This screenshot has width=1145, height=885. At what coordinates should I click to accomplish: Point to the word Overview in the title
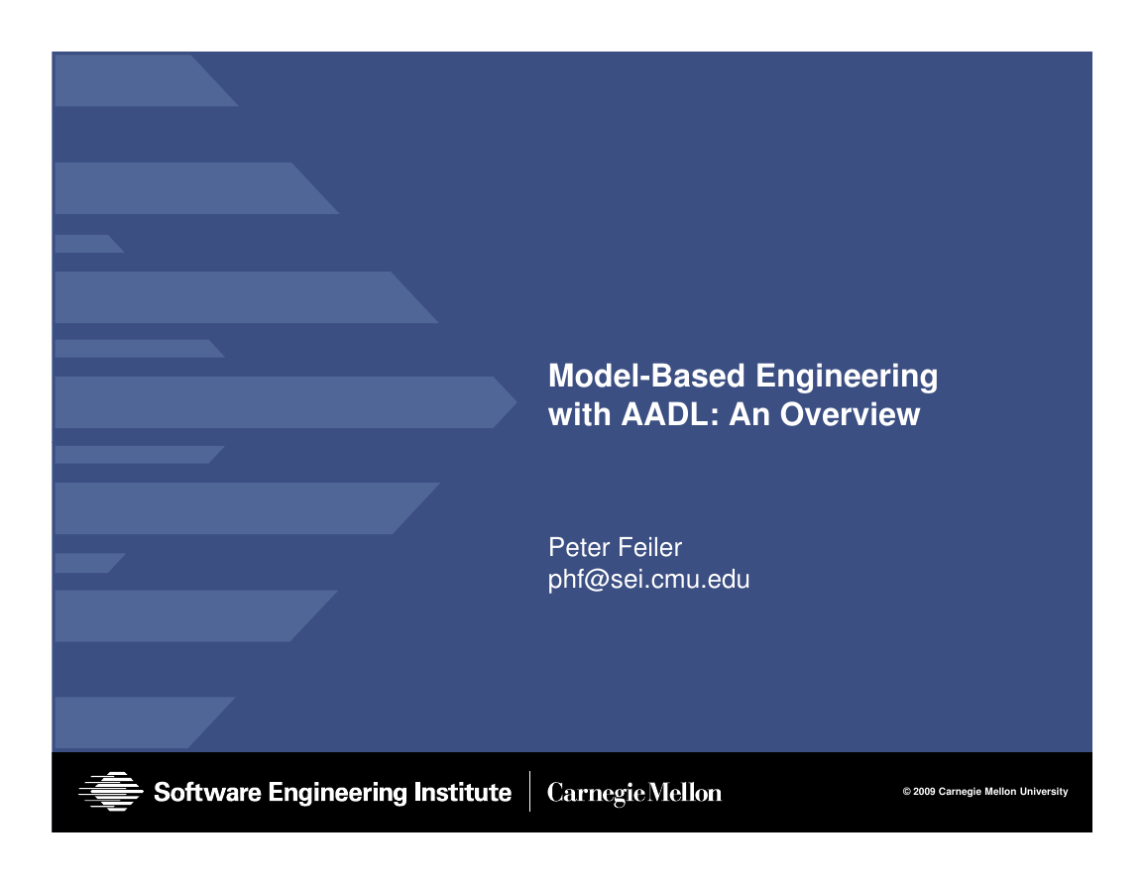pyautogui.click(x=850, y=415)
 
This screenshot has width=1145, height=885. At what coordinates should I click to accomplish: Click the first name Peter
pyautogui.click(x=580, y=547)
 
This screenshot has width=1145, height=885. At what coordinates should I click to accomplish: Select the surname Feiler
pyautogui.click(x=650, y=547)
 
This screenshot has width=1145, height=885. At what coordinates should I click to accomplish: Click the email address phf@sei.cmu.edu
pyautogui.click(x=649, y=580)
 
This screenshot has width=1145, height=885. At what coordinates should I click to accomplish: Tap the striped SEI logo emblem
pyautogui.click(x=111, y=792)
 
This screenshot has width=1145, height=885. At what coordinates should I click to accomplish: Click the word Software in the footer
pyautogui.click(x=207, y=792)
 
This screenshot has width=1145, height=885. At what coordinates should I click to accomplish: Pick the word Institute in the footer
pyautogui.click(x=463, y=792)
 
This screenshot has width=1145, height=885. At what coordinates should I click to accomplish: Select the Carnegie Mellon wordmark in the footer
pyautogui.click(x=633, y=793)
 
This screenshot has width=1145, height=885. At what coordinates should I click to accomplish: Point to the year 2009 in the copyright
pyautogui.click(x=924, y=792)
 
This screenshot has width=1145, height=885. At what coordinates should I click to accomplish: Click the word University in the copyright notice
pyautogui.click(x=1044, y=792)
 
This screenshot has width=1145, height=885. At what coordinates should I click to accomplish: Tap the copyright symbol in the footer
pyautogui.click(x=906, y=792)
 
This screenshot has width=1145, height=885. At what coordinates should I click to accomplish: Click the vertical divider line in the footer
pyautogui.click(x=529, y=792)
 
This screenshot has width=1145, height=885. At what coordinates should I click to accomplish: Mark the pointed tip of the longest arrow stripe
pyautogui.click(x=516, y=401)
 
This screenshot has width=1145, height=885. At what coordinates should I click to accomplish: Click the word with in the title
pyautogui.click(x=579, y=415)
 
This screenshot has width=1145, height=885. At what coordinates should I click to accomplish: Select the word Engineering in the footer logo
pyautogui.click(x=338, y=793)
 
